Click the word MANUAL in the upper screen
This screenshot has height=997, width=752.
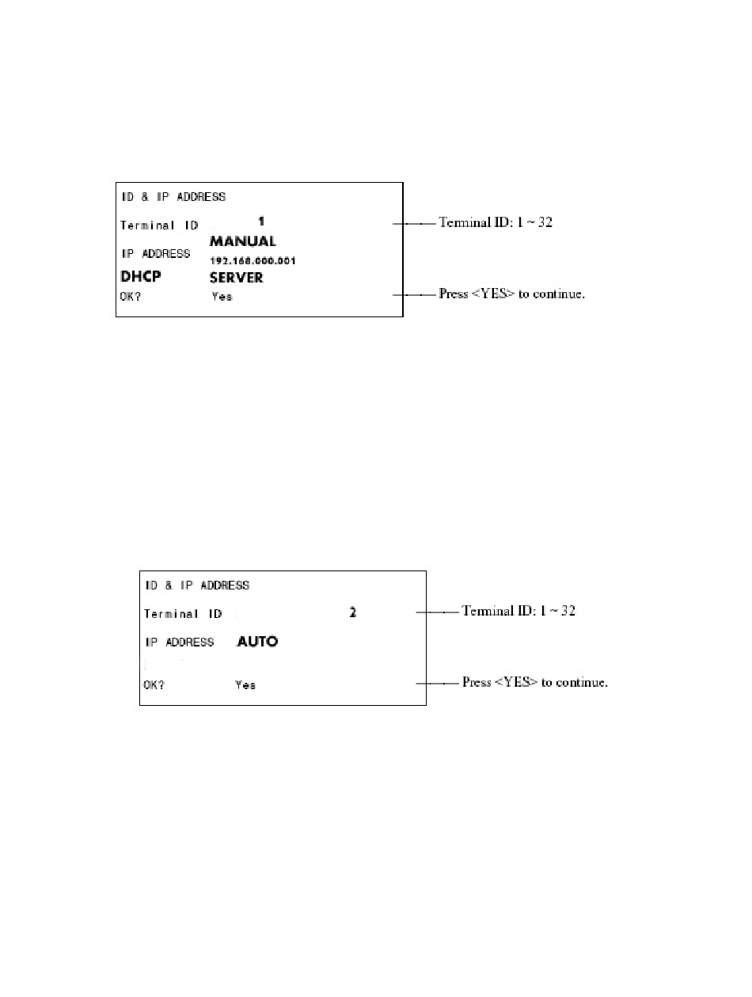coord(242,241)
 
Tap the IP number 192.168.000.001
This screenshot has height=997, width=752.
coord(253,260)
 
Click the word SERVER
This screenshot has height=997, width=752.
coord(236,278)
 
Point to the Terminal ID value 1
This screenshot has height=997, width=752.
coord(261,219)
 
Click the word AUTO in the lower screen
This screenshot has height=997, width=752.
coord(257,642)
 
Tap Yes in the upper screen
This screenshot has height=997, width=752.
coord(222,298)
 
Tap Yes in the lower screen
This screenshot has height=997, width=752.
coord(245,684)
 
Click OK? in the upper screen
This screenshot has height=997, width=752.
coord(131,297)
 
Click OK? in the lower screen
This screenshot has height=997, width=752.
coord(154,684)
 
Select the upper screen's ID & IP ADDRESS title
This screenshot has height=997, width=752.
coord(173,196)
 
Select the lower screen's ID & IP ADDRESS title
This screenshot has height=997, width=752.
coord(196,586)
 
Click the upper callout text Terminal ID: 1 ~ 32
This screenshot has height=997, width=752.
coord(496,223)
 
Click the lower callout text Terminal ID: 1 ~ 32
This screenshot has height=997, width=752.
coord(518,611)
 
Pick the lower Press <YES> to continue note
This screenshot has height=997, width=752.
coord(535,682)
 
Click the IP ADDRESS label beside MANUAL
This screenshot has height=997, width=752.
coord(155,254)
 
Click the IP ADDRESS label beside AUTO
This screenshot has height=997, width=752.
coord(179,642)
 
